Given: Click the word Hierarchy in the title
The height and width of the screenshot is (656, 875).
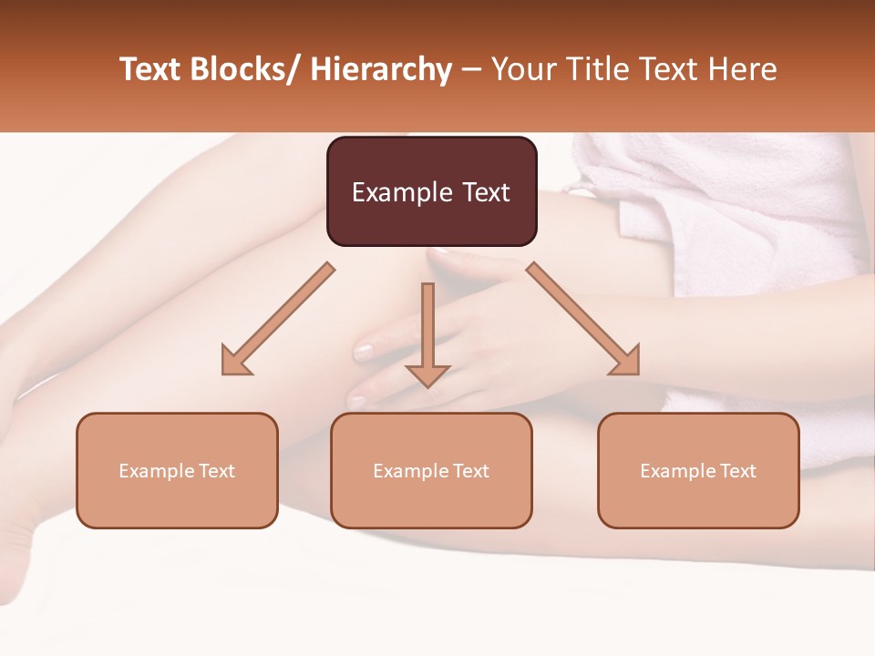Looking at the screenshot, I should pos(381,70).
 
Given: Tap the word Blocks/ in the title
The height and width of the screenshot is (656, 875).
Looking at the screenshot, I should pos(248,70).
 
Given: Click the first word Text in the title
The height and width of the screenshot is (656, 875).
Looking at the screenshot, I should pos(152,70).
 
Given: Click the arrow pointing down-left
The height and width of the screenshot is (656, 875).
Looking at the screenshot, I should pos(278,319).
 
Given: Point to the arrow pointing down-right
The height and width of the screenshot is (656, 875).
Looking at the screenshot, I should pos(583,319).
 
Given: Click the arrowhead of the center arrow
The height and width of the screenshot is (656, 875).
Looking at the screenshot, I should pos(427,374).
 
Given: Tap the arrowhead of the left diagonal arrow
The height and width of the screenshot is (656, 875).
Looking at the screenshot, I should pos(235,362).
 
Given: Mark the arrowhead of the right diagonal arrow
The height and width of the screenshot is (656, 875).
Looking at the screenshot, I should pos(626,362).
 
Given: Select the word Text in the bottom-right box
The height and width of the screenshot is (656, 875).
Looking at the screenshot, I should pos(736,471).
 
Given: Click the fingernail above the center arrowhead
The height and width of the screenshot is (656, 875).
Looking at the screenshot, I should pos(364,349).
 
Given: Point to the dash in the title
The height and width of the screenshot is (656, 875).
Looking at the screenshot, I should pos(471,70).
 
